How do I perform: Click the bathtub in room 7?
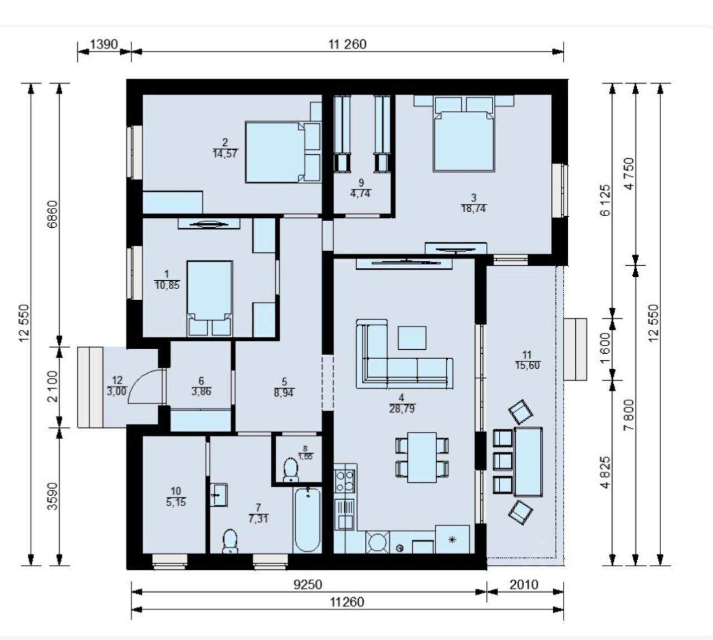[307, 520]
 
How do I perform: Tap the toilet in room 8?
[291, 470]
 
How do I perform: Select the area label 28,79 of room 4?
[402, 409]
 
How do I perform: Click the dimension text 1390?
[104, 45]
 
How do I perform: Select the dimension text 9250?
[307, 585]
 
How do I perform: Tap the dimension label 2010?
[524, 585]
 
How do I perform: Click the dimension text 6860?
[52, 214]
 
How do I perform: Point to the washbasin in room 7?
[218, 495]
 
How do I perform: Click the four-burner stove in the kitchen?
[345, 481]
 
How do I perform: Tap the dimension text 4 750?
[629, 174]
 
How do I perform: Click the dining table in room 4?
[422, 457]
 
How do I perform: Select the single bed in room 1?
[210, 299]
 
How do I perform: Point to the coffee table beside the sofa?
[412, 338]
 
